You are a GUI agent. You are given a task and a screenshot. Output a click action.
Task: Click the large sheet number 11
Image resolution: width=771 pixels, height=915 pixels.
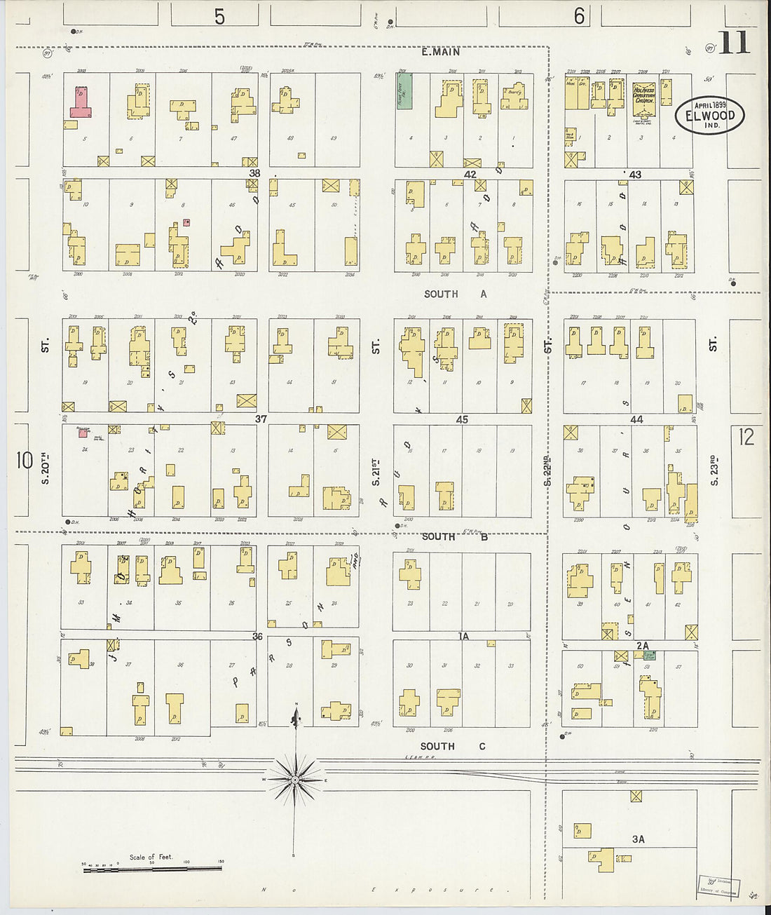[x=734, y=43]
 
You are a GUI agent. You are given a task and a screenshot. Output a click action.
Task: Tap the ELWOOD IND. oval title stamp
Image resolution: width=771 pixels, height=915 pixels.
[x=709, y=115]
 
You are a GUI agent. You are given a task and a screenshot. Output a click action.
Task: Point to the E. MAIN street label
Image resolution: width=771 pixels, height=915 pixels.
[x=441, y=52]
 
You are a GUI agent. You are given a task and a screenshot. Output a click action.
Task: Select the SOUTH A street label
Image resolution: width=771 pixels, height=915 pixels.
[x=455, y=294]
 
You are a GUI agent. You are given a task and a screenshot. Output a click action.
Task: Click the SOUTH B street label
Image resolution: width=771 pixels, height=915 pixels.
[x=454, y=536]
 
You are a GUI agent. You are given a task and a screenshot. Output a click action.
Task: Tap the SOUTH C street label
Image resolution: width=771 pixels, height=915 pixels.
[x=452, y=746]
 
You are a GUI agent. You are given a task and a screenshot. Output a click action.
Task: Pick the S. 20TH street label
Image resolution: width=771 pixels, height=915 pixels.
[x=46, y=468]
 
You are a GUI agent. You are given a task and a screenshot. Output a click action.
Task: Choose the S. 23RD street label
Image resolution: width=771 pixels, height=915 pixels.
[x=714, y=470]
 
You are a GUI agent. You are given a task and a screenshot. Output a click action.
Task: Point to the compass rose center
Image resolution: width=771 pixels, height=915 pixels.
[x=295, y=779]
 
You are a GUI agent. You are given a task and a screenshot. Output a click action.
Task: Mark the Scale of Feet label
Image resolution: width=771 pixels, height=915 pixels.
[x=150, y=857]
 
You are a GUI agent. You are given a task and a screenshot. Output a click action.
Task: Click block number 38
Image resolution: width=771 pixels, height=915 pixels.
[x=254, y=173]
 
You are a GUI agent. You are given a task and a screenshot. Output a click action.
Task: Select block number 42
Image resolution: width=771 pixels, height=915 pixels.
[x=470, y=175]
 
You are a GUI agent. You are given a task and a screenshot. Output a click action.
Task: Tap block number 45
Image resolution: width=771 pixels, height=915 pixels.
[x=462, y=420]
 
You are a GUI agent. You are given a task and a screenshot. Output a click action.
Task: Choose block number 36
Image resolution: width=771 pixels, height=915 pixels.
[x=257, y=637]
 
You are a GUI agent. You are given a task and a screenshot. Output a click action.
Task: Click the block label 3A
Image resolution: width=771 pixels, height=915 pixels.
[x=638, y=839]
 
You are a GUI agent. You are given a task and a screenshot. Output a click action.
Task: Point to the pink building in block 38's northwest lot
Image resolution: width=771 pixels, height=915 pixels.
[x=80, y=102]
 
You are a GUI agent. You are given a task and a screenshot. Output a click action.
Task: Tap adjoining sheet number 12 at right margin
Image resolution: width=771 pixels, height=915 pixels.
[x=746, y=437]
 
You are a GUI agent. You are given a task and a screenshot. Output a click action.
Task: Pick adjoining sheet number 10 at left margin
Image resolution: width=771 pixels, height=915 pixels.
[x=25, y=461]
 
